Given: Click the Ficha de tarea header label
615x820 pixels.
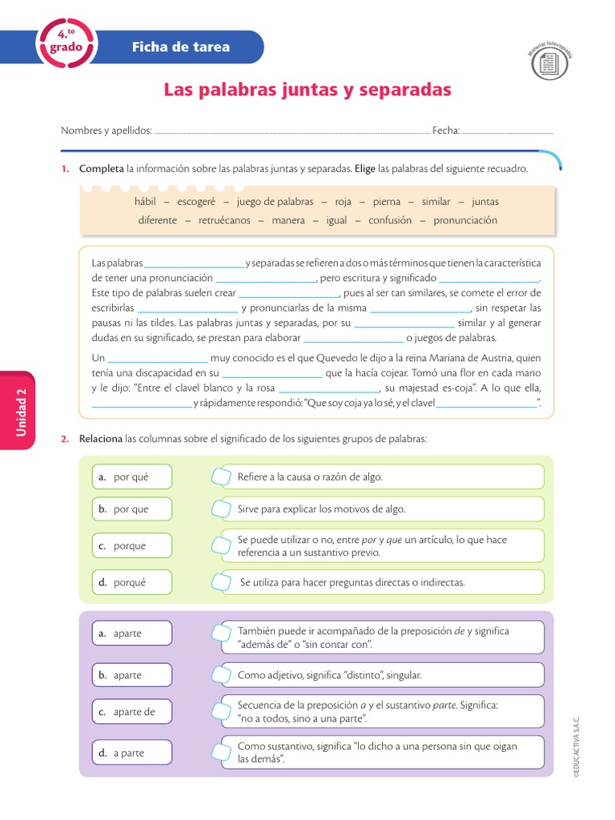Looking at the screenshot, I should tap(180, 46).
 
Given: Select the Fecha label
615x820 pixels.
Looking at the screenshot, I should tap(445, 131).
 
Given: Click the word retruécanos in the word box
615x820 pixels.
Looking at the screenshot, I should tap(224, 220).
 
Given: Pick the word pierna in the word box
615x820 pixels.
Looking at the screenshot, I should tap(386, 202).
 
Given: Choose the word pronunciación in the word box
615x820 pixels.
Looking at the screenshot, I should tap(465, 220).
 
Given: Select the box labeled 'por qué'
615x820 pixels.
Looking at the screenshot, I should tap(131, 477).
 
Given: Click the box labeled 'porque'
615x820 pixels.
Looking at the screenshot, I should tap(131, 545).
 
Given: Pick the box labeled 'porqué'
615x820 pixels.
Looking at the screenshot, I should tap(131, 582).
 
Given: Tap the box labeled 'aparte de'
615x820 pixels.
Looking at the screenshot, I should tap(131, 712).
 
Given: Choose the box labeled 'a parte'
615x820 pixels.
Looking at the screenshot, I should tap(131, 753).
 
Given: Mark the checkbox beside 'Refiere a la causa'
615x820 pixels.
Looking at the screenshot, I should tap(219, 477).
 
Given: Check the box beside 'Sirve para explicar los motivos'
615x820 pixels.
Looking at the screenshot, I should tap(219, 509).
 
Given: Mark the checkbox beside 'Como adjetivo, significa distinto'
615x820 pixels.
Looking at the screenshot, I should tap(219, 675).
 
